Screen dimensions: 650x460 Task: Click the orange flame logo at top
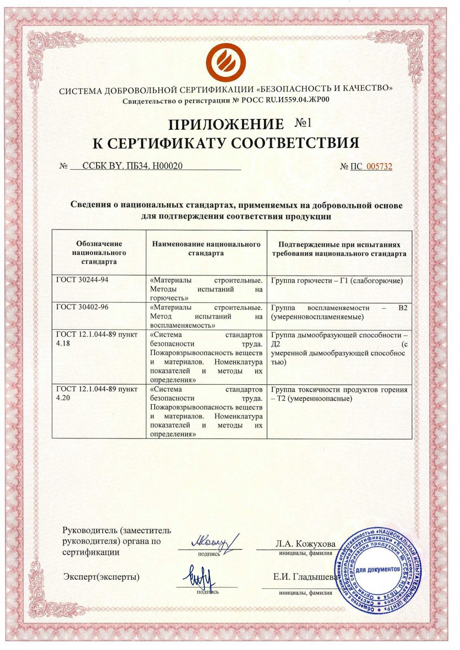coord(226,62)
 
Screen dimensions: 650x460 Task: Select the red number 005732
coord(379,166)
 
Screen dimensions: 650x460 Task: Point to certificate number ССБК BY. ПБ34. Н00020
coord(132,166)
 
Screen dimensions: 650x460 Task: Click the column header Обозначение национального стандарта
coord(99,253)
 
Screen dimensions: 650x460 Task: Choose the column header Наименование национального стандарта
coord(206,249)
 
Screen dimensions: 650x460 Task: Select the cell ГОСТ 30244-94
coord(82,280)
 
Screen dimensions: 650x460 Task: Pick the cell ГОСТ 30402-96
coord(82,307)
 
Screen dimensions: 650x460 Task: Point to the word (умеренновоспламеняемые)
coord(317,317)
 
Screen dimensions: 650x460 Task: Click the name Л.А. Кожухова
coord(305,544)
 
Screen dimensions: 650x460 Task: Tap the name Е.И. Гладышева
coord(305,577)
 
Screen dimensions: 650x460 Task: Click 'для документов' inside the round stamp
coord(378,569)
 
